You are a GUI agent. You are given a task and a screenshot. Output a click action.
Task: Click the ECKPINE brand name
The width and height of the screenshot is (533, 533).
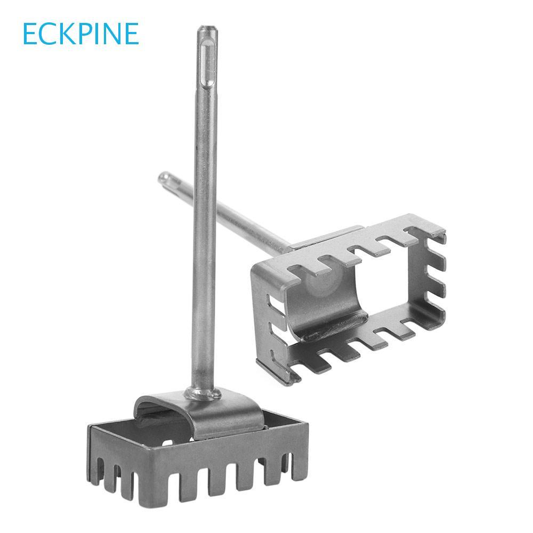coord(80,34)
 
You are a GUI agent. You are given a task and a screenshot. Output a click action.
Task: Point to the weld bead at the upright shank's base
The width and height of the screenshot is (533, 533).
coord(203,394)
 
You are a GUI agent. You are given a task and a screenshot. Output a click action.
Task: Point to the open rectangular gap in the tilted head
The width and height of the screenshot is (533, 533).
coord(389,298)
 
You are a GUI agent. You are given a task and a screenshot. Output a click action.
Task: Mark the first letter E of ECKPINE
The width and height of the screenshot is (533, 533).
coord(30,34)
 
